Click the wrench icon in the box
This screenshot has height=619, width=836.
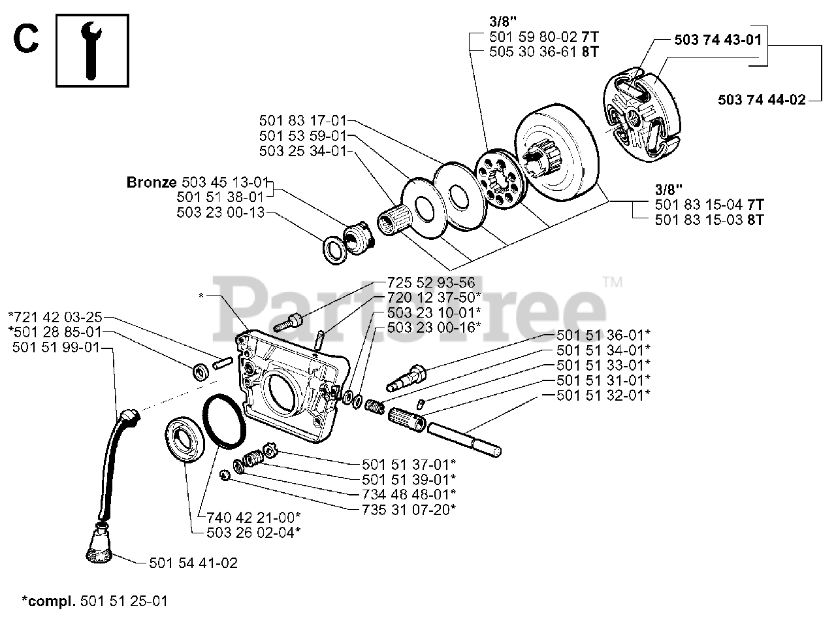[92, 50]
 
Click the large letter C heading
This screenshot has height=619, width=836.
[25, 40]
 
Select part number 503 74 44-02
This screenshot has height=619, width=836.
[761, 99]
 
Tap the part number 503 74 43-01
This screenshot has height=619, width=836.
[717, 40]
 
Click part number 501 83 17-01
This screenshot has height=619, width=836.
[303, 120]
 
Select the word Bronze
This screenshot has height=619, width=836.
[150, 182]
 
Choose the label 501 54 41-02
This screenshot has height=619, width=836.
[193, 563]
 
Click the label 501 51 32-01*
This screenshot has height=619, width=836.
[603, 395]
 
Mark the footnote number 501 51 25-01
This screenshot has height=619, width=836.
[123, 600]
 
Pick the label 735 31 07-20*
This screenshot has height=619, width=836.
[408, 509]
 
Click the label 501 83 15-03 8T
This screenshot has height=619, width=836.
[709, 220]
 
